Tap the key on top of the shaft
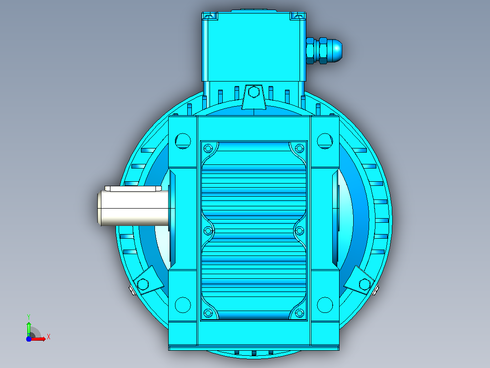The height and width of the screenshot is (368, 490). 133,189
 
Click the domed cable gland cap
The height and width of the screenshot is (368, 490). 335,51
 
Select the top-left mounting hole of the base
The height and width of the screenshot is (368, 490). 183,141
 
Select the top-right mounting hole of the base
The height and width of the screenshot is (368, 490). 325,141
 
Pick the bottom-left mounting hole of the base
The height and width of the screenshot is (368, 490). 183,305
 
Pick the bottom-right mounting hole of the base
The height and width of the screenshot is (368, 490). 325,305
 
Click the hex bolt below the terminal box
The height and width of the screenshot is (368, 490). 254,92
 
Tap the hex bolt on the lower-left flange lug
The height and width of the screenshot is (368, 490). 143,284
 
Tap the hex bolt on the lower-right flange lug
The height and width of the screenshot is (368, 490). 365,284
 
